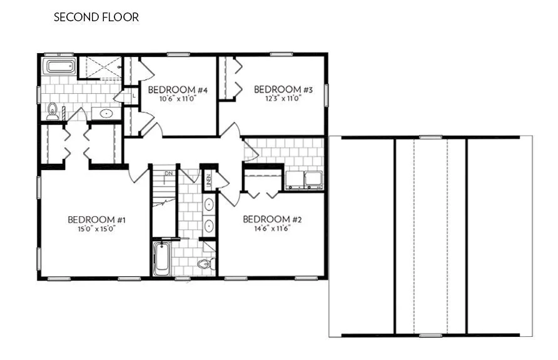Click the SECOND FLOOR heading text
point(96,17)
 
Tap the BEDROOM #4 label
point(178,90)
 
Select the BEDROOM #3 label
point(283,89)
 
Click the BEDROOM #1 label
point(97,219)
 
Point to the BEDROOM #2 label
point(272,219)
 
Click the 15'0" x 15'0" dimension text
point(97,229)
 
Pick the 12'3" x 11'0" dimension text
point(283,98)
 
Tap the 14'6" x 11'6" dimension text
point(272,228)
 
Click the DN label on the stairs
point(168,173)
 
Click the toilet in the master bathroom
point(53,111)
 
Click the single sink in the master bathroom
point(106,114)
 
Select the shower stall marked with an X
point(103,67)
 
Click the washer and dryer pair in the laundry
point(304,179)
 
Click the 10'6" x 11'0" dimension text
point(178,99)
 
